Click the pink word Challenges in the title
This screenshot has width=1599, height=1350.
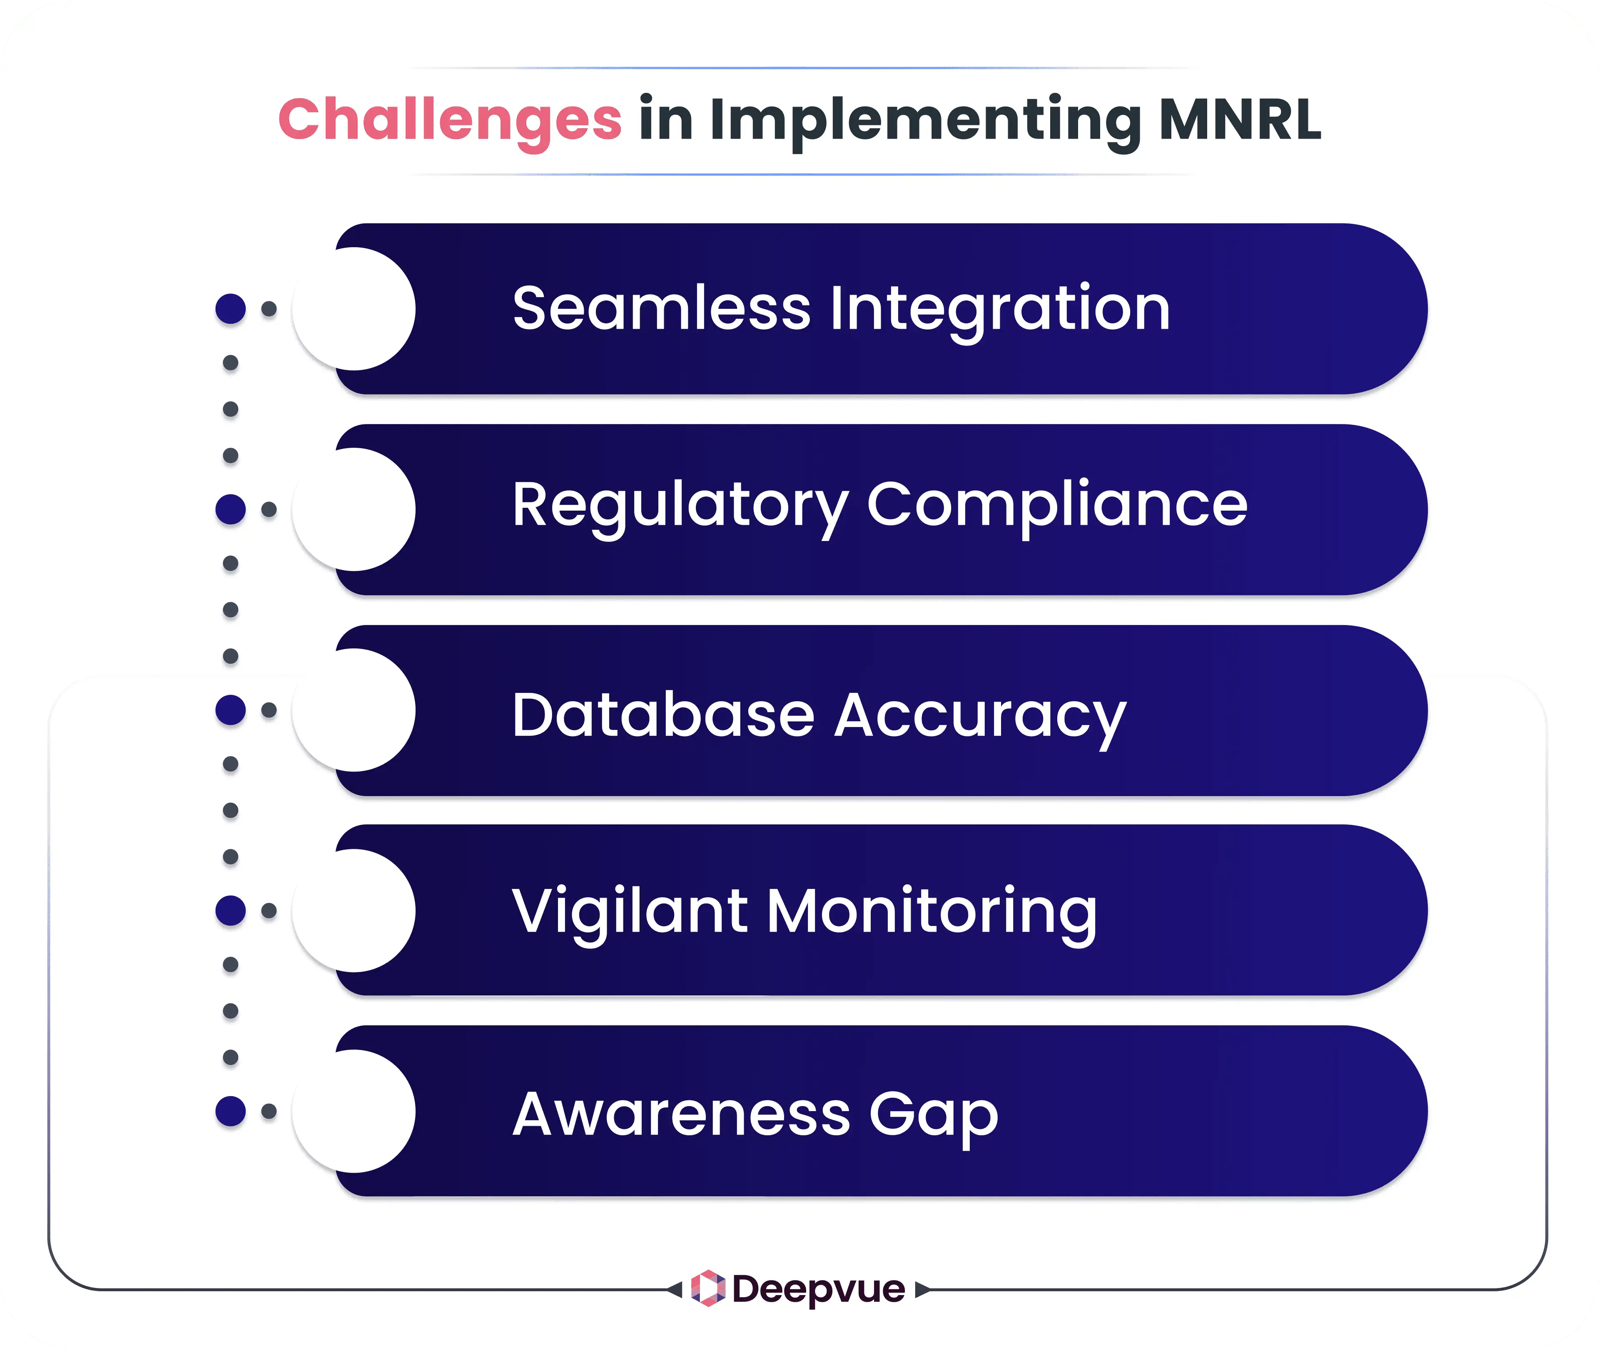[x=450, y=120]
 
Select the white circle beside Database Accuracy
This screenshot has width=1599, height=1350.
[x=354, y=710]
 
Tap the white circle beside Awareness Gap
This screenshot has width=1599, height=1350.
[x=354, y=1111]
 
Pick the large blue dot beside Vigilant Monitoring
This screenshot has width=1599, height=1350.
[x=231, y=911]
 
